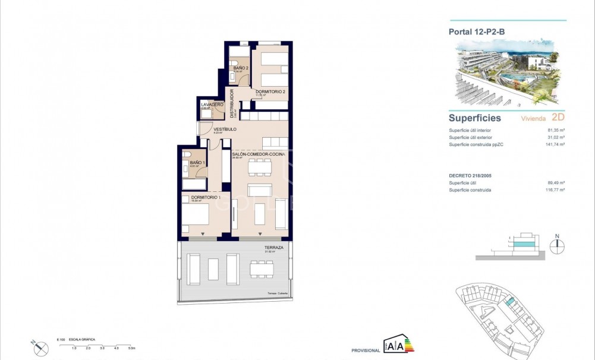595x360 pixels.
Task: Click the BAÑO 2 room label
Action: tap(241, 68)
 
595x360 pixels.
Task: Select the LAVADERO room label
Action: tap(212, 105)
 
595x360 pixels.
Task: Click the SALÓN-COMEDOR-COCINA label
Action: tap(259, 154)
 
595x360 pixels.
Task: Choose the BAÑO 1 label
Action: tap(197, 163)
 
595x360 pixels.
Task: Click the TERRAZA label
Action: tap(273, 247)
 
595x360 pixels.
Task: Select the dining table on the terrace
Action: tap(262, 269)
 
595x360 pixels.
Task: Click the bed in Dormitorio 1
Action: tap(196, 217)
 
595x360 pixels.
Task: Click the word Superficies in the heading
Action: tap(475, 118)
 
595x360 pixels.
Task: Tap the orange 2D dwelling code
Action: tap(558, 117)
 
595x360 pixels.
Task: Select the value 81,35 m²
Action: tap(556, 130)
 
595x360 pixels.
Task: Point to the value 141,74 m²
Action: tap(555, 144)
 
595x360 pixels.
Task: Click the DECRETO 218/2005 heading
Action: tap(474, 176)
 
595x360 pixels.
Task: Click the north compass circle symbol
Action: tap(557, 248)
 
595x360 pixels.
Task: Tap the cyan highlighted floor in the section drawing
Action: tap(523, 244)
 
